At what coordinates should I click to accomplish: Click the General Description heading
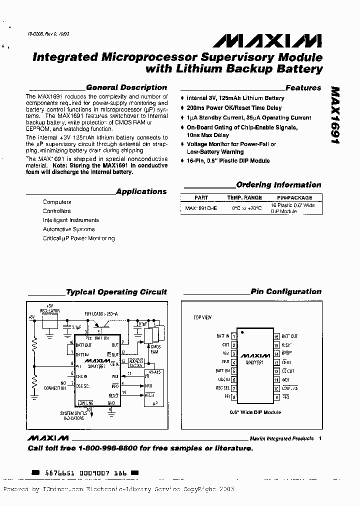click(126, 87)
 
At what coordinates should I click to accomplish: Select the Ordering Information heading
click(278, 185)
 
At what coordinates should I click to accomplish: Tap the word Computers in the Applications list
click(57, 202)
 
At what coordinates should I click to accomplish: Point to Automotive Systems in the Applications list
click(68, 229)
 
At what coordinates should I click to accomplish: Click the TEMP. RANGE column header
click(244, 197)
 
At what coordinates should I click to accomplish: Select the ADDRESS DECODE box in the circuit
click(136, 363)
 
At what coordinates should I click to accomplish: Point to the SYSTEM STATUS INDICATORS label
click(73, 416)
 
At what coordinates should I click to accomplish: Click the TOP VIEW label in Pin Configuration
click(202, 317)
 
